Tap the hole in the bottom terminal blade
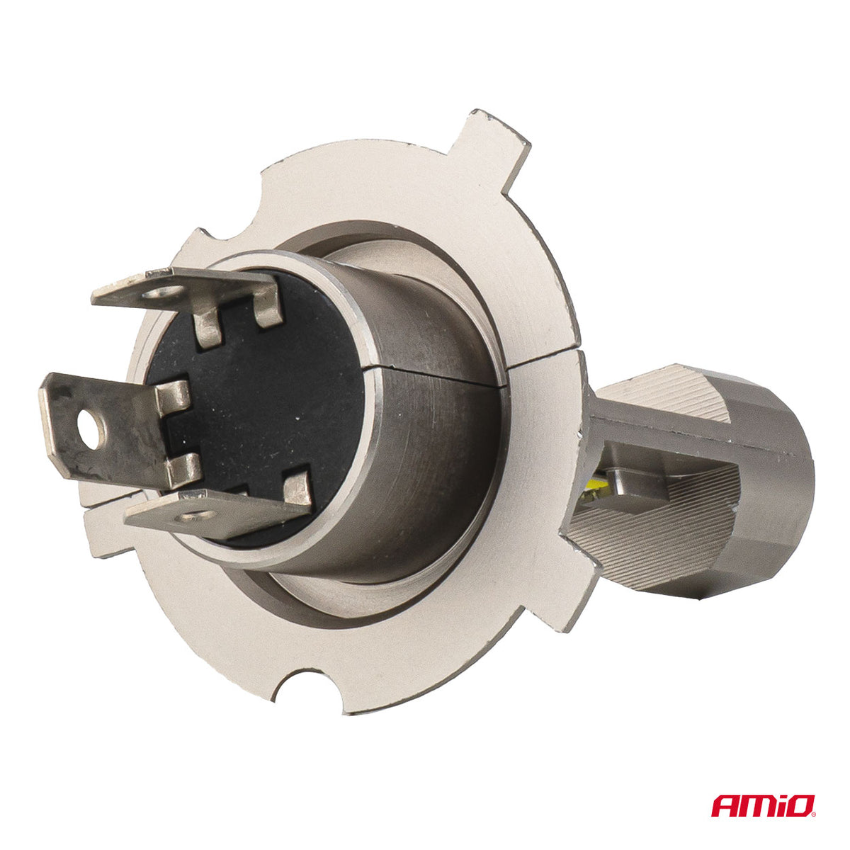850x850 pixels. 195,515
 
